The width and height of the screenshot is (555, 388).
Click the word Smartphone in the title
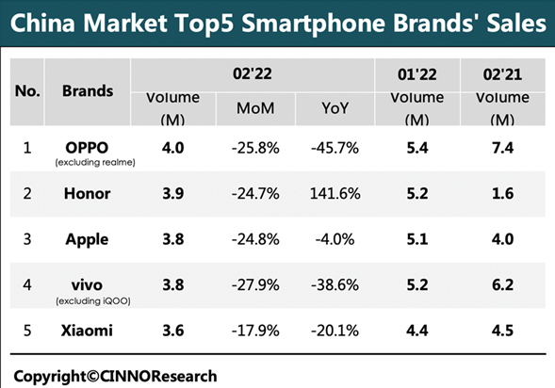click(315, 24)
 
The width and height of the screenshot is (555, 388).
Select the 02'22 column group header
click(253, 73)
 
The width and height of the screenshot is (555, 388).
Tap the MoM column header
click(255, 108)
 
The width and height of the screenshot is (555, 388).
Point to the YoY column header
click(335, 108)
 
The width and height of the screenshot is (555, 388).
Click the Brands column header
click(88, 91)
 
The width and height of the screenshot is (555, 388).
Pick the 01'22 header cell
click(417, 74)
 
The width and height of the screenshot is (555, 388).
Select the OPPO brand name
click(87, 148)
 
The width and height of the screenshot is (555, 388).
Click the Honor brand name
click(87, 193)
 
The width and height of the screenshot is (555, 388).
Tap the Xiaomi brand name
click(87, 331)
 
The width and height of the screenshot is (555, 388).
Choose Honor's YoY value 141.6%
click(335, 193)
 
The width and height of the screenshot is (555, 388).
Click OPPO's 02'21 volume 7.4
click(502, 148)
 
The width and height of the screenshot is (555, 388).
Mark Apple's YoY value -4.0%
click(335, 239)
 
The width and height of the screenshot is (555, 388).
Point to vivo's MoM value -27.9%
click(255, 285)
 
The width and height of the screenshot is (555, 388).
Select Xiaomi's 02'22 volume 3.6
click(173, 331)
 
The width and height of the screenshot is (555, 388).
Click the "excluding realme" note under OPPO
click(95, 162)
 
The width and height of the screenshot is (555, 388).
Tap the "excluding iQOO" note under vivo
click(93, 301)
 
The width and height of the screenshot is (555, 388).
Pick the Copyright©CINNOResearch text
click(115, 376)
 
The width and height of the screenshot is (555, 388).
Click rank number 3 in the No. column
click(27, 239)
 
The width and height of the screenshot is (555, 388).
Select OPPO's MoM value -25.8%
click(255, 148)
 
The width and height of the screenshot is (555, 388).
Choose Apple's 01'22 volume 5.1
click(417, 239)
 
